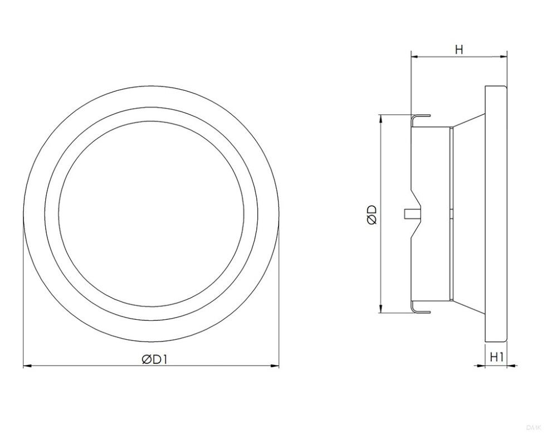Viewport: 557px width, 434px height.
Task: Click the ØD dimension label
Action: point(373,214)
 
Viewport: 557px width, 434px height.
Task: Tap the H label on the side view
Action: point(458,50)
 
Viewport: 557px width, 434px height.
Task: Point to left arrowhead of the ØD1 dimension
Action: point(27,366)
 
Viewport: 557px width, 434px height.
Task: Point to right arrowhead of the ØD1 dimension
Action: point(275,366)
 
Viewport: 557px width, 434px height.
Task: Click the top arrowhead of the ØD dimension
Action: point(380,119)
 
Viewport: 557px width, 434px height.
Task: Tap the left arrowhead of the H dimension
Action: point(414,56)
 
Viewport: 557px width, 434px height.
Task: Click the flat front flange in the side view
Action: point(496,214)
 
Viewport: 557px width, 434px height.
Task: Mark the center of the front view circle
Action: point(151,214)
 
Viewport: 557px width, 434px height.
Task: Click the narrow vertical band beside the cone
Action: point(450,167)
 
